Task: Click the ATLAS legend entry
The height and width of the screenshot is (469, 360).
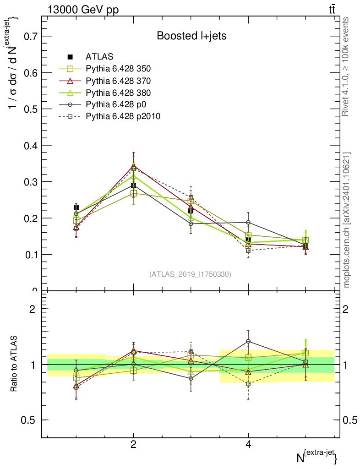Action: click(x=99, y=57)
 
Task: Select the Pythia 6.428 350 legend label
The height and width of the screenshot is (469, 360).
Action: click(x=118, y=69)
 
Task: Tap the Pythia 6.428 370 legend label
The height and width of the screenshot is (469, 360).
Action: click(x=118, y=81)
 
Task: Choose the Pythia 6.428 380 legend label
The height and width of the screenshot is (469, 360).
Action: click(x=118, y=93)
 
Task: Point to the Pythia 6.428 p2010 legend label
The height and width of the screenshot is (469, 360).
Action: click(x=123, y=116)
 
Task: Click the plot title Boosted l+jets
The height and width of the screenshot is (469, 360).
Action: click(x=191, y=36)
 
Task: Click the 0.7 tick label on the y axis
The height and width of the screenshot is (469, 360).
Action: click(x=28, y=36)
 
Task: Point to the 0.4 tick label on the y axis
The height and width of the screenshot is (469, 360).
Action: click(x=28, y=145)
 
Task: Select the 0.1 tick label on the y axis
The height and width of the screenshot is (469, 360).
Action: click(x=28, y=255)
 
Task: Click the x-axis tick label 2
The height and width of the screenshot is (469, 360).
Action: click(x=133, y=444)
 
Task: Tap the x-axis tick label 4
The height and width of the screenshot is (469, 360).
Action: click(x=248, y=444)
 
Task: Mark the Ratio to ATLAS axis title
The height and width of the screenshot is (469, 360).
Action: click(x=14, y=365)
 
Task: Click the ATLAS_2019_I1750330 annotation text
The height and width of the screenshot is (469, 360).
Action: click(x=190, y=274)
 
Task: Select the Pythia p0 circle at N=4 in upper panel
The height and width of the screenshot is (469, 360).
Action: click(x=248, y=223)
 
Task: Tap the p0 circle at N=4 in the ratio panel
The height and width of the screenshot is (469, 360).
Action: click(x=248, y=341)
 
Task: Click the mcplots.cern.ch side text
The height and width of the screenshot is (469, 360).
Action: click(x=347, y=220)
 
